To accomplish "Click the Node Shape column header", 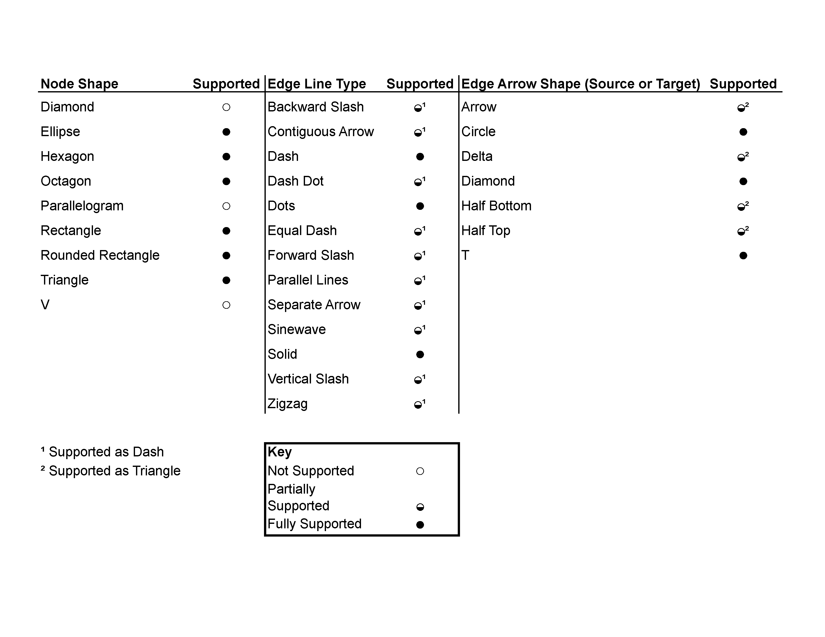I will pyautogui.click(x=79, y=84).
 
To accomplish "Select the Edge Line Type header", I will pyautogui.click(x=316, y=84).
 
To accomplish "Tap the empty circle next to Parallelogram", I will pyautogui.click(x=226, y=206).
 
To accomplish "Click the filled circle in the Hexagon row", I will pyautogui.click(x=226, y=157).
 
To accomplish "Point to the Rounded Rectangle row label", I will pyautogui.click(x=100, y=256).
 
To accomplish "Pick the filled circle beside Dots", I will pyautogui.click(x=420, y=206).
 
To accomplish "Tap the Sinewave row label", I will pyautogui.click(x=296, y=329).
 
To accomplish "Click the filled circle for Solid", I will pyautogui.click(x=420, y=354).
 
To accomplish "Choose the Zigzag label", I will pyautogui.click(x=287, y=404).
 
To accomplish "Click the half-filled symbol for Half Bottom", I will pyautogui.click(x=741, y=207).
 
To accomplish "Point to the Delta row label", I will pyautogui.click(x=477, y=157).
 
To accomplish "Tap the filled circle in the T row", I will pyautogui.click(x=743, y=256).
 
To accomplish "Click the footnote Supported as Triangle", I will pyautogui.click(x=114, y=471).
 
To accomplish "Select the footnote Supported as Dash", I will pyautogui.click(x=106, y=452).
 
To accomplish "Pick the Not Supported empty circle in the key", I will pyautogui.click(x=420, y=471).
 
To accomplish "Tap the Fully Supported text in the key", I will pyautogui.click(x=314, y=524).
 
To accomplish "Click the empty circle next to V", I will pyautogui.click(x=226, y=305).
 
